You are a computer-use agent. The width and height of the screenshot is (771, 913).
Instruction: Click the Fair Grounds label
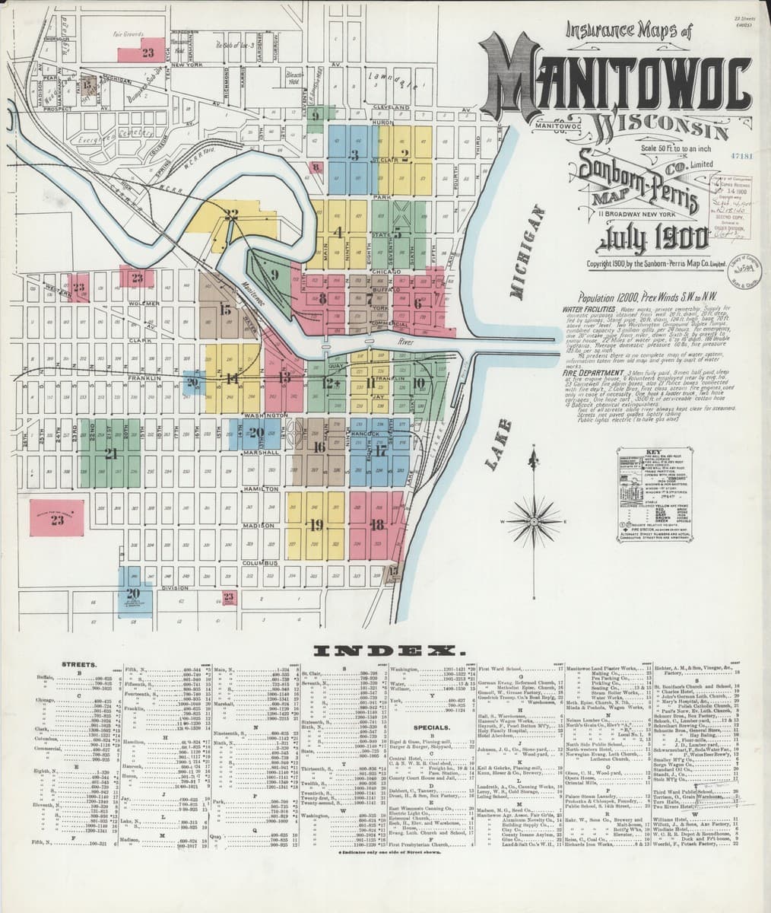point(128,35)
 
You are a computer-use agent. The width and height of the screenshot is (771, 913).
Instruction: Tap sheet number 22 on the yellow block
point(232,214)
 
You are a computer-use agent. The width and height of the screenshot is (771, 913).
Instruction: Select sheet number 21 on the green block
point(112,454)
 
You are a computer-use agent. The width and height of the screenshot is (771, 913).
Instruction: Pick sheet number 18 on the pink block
point(376,524)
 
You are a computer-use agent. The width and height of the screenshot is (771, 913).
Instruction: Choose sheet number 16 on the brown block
point(319,447)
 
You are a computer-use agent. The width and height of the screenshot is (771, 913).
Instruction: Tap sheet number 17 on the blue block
point(379,450)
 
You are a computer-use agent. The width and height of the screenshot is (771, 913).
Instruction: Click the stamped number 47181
point(740,156)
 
